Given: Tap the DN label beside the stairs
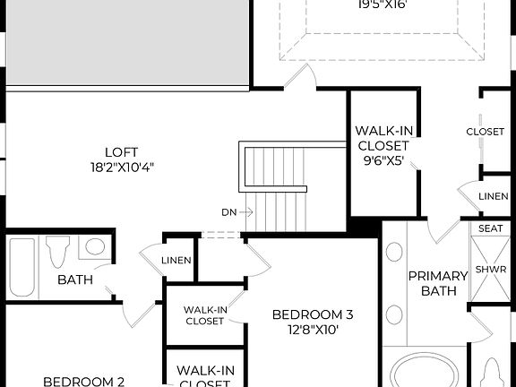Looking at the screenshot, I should (229, 212).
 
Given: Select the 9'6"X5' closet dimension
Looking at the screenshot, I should (383, 162).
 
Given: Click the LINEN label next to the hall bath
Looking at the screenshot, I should (176, 260).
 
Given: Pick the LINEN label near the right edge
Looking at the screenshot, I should (493, 196).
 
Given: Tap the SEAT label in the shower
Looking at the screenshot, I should (490, 228).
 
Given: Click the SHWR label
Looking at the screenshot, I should (490, 269).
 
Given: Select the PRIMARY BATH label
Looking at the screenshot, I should (438, 283).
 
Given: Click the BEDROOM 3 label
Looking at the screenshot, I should (313, 314).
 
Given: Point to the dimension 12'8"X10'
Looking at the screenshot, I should (313, 329).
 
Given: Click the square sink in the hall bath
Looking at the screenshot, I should (94, 246).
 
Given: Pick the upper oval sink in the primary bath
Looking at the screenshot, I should (394, 251).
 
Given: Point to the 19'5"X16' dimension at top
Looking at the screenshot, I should (382, 4).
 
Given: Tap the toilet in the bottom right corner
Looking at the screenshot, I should (492, 372).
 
